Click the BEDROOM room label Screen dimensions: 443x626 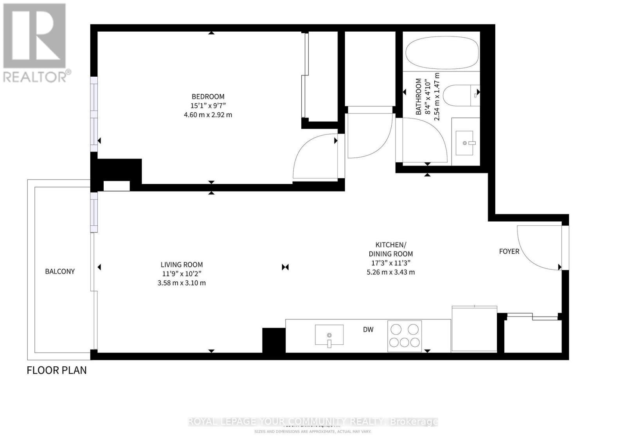tap(208, 96)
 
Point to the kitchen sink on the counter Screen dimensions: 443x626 tap(329, 335)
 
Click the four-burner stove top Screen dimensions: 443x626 tap(405, 335)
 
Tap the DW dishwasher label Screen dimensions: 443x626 tap(368, 330)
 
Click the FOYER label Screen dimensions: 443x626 tap(509, 251)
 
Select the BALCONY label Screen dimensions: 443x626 tap(59, 271)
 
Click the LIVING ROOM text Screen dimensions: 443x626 tap(182, 265)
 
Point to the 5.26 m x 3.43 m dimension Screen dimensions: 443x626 tap(390, 272)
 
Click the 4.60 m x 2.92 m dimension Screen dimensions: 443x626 tap(208, 115)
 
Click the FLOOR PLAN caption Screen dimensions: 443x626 tap(56, 370)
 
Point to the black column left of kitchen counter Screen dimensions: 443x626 tap(273, 340)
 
